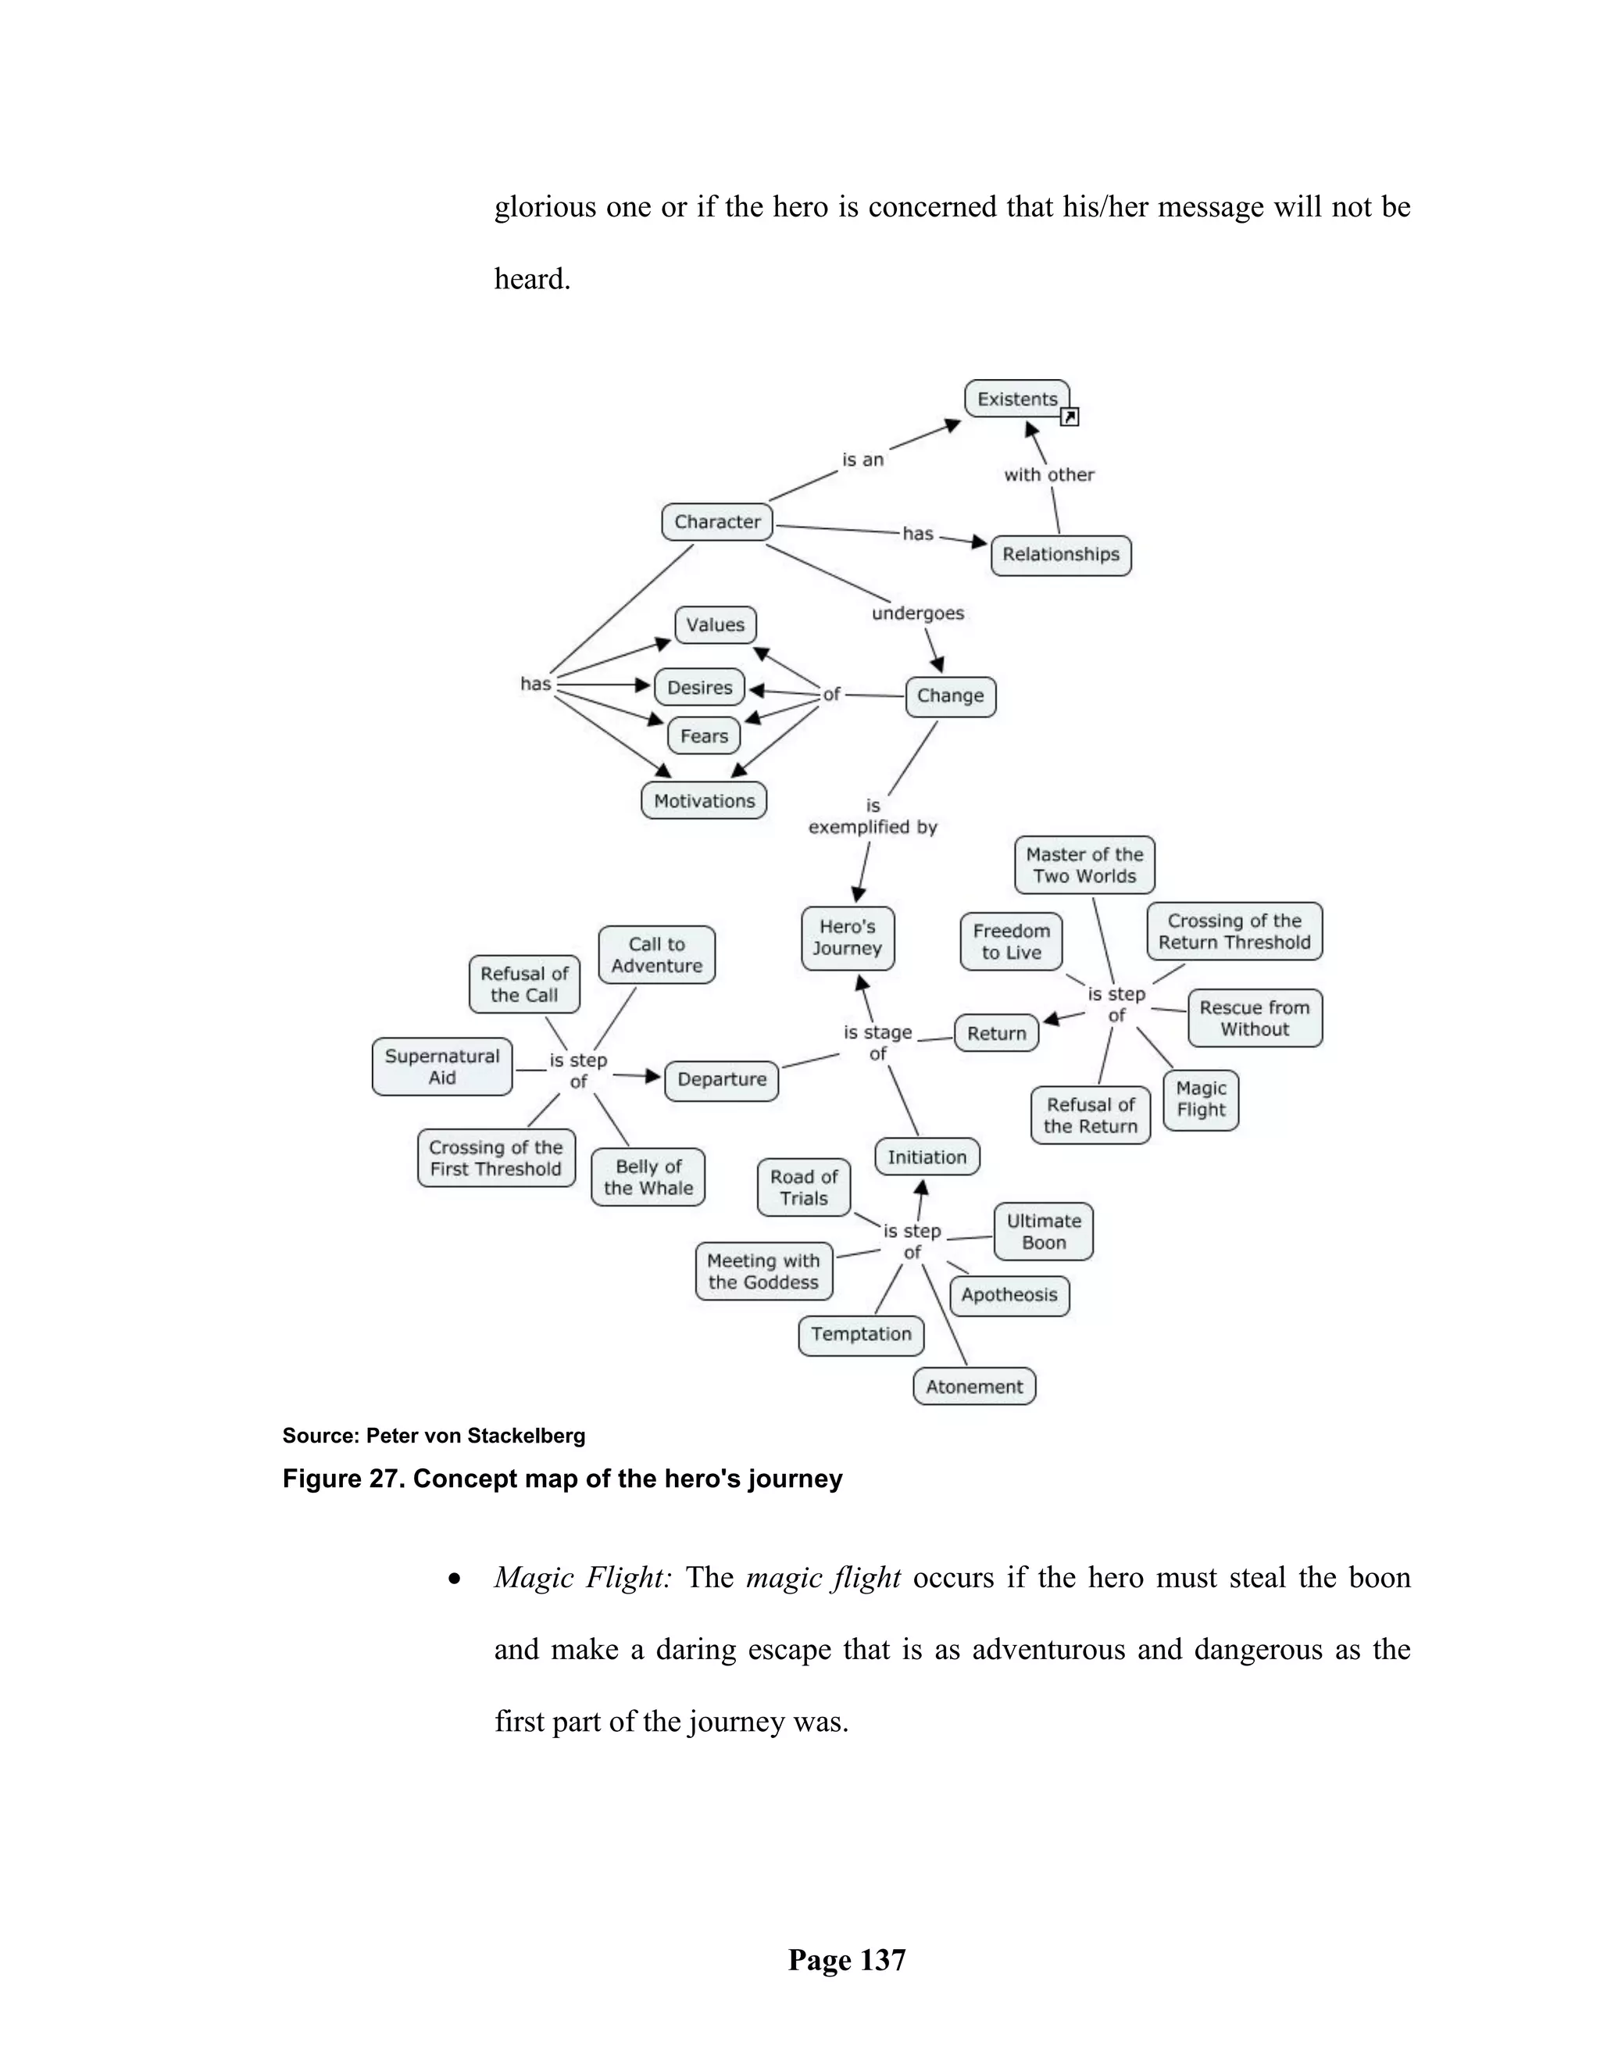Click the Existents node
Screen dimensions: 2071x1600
[1016, 399]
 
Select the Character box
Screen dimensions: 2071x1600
[716, 521]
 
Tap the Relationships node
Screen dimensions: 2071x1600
[1061, 555]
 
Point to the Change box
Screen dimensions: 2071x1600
[950, 696]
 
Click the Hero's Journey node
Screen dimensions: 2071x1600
[848, 938]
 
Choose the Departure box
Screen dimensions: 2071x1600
[721, 1080]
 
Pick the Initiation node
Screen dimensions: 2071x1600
[926, 1157]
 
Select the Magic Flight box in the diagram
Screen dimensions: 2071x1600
[1200, 1100]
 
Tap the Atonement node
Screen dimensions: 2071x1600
[973, 1386]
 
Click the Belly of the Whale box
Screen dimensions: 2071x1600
[648, 1177]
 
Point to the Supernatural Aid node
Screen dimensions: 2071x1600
[441, 1067]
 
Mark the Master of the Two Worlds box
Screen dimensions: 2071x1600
[1084, 865]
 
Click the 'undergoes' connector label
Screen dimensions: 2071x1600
[917, 613]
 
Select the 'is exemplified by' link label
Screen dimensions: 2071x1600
[872, 817]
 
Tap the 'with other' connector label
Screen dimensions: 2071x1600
[1048, 475]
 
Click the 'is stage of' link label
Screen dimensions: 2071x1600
[877, 1042]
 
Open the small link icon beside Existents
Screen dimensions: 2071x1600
[1070, 417]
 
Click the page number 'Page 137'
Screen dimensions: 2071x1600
[846, 1960]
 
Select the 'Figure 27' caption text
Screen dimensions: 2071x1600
[561, 1479]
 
